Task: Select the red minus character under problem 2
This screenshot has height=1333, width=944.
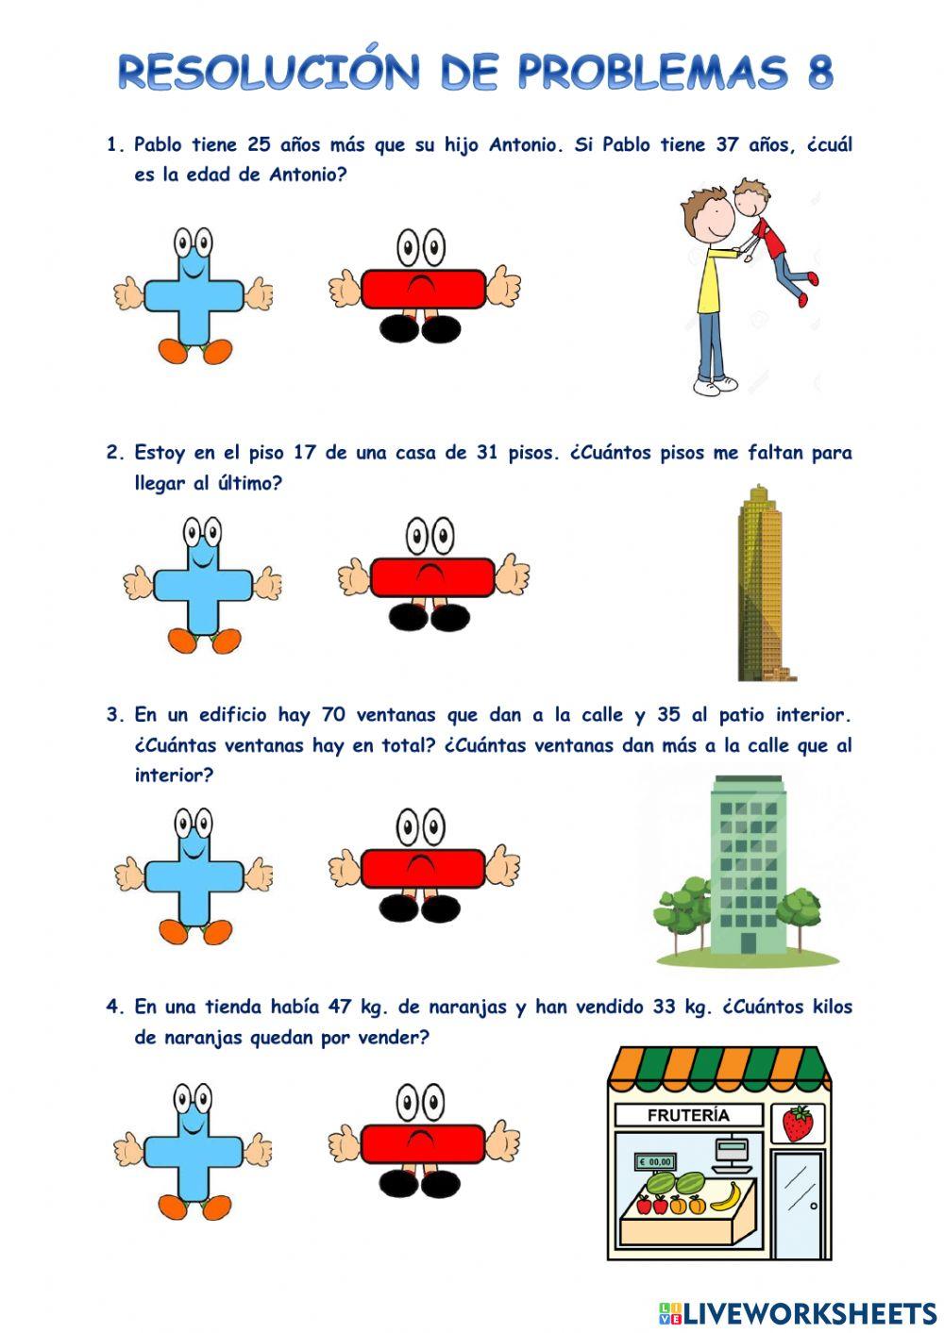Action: pos(432,577)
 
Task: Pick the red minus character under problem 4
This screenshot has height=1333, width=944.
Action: pos(423,1143)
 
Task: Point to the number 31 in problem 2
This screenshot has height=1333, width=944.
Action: pos(487,453)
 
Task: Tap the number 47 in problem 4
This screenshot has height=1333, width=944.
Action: pos(340,1007)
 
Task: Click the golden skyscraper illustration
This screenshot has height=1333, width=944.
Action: pos(761,583)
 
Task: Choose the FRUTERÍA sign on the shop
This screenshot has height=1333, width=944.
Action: pos(688,1115)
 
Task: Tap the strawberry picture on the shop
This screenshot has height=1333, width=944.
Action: pos(798,1124)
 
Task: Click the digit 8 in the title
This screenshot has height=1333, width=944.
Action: pos(819,73)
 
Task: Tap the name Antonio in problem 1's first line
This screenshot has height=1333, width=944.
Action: pos(523,145)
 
